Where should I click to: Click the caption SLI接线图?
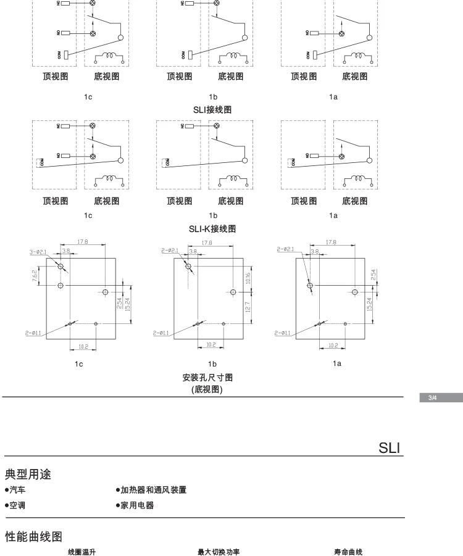pos(212,109)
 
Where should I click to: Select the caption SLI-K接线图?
pos(212,228)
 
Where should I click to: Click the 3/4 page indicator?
pos(432,397)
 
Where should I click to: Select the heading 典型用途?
pos(28,475)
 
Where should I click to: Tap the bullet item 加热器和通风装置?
pos(151,491)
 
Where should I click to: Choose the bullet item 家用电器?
pos(135,505)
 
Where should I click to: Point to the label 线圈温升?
pos(81,551)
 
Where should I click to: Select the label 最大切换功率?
pos(219,551)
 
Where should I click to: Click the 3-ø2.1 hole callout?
pos(38,251)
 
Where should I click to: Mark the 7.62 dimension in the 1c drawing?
pos(35,275)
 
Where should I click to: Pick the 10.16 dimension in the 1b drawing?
pos(248,278)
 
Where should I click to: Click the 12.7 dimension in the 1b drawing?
pos(248,307)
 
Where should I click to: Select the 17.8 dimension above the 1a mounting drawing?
pos(331,243)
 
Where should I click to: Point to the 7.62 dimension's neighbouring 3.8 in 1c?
pos(66,251)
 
